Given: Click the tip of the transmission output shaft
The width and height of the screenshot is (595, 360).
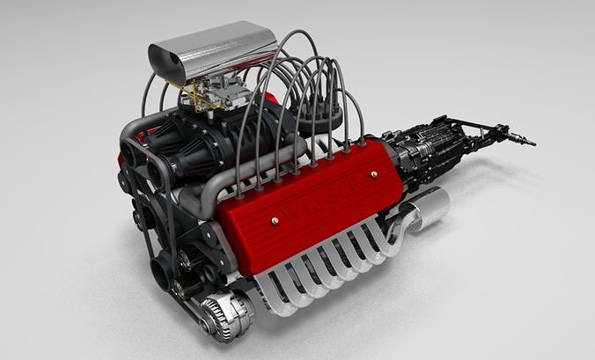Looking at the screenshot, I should click(x=531, y=141).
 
